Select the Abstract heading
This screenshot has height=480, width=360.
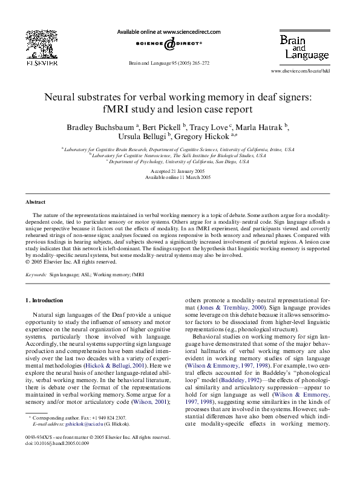(34, 200)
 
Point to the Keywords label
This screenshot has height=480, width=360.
(39, 274)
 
